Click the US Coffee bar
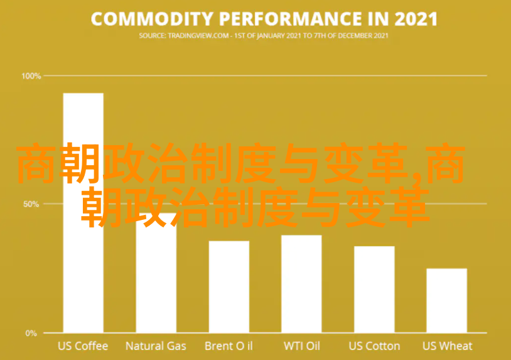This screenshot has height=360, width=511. pyautogui.click(x=83, y=213)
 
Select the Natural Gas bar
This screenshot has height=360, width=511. pyautogui.click(x=156, y=273)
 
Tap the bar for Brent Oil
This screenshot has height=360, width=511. pyautogui.click(x=229, y=287)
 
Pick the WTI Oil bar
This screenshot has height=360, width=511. pyautogui.click(x=301, y=284)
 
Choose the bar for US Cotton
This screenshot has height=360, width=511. pyautogui.click(x=374, y=290)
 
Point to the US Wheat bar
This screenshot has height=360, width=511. pyautogui.click(x=447, y=301)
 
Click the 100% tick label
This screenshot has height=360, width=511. pyautogui.click(x=31, y=76)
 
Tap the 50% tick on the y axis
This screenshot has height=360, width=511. pyautogui.click(x=31, y=204)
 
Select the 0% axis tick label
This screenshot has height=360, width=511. pyautogui.click(x=31, y=333)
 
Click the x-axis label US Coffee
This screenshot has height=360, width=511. pyautogui.click(x=83, y=346)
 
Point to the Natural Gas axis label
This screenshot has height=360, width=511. pyautogui.click(x=156, y=346)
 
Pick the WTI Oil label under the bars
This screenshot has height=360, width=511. pyautogui.click(x=302, y=346)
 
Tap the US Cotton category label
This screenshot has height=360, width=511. pyautogui.click(x=374, y=346)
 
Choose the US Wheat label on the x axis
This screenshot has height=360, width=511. pyautogui.click(x=447, y=346)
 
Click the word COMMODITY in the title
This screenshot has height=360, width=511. pyautogui.click(x=152, y=19)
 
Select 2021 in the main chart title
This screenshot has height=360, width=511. pyautogui.click(x=416, y=19)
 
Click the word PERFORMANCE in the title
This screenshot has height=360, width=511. pyautogui.click(x=291, y=19)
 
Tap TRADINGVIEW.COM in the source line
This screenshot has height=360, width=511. pyautogui.click(x=198, y=36)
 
